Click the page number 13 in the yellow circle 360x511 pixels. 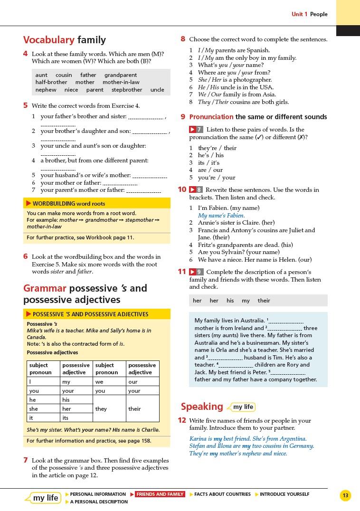pos(345,496)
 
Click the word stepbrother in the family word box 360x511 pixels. pos(127,90)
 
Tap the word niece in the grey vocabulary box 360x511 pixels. pos(71,90)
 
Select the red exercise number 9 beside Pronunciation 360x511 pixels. pos(183,117)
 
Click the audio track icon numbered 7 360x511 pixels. pos(196,130)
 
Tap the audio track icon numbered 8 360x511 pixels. pos(196,190)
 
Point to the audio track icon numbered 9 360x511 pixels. pos(196,272)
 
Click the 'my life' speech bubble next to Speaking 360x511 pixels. pos(243,407)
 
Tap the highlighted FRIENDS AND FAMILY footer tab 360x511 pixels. pos(160,494)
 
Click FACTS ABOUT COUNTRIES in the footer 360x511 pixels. pos(222,494)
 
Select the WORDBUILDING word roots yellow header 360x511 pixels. pos(69,204)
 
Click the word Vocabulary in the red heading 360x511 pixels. pos(49,40)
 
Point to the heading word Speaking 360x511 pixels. pos(202,407)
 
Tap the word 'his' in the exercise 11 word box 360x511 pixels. pos(230,301)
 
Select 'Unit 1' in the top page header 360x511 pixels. pos(299,14)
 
